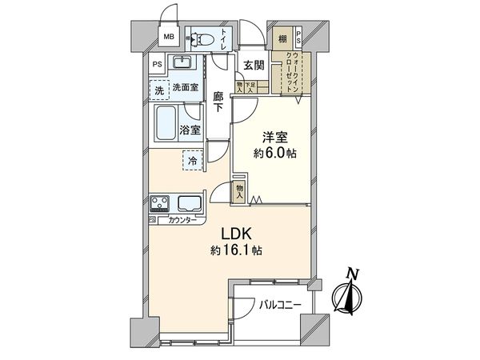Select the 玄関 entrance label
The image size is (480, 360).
(254, 66)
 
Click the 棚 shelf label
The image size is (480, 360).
(283, 38)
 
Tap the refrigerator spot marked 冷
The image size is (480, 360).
(193, 161)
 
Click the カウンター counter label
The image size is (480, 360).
(181, 219)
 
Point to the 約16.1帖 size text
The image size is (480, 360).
(238, 250)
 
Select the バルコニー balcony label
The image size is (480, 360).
(279, 305)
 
